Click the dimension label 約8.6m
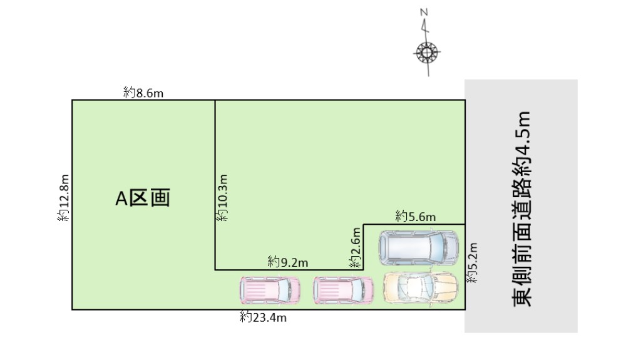[x=143, y=93]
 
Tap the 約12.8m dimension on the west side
[x=63, y=198]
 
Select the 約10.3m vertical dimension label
[x=222, y=198]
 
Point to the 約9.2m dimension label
[x=288, y=262]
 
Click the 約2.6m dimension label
[x=355, y=247]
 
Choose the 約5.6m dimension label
[x=415, y=217]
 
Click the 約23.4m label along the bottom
[x=263, y=317]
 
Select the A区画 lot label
[x=143, y=198]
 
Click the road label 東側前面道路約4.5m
[x=522, y=208]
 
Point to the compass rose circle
[x=426, y=53]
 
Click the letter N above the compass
[x=424, y=13]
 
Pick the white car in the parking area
[x=419, y=247]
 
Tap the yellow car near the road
[x=421, y=288]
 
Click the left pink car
[x=270, y=290]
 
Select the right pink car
[x=343, y=290]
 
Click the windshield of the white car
[x=437, y=247]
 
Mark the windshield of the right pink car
[x=357, y=290]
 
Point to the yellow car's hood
[x=447, y=288]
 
